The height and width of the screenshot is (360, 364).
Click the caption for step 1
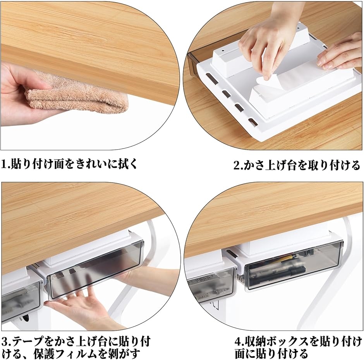tap(69, 164)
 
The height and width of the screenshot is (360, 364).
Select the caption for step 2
tap(297, 165)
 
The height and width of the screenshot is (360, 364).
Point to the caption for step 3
tap(76, 348)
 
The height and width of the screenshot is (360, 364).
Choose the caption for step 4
tap(298, 348)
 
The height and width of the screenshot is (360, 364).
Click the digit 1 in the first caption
tap(4, 164)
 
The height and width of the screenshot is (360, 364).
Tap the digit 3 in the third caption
tap(5, 342)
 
